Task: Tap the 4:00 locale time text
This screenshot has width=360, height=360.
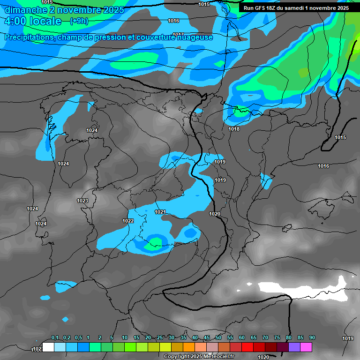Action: coord(32,21)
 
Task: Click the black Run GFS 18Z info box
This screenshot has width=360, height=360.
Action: coord(296,7)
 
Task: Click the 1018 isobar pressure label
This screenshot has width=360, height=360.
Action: coord(234,129)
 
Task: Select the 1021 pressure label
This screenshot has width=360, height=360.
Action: coord(160,212)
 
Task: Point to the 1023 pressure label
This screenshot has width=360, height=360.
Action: coord(82,201)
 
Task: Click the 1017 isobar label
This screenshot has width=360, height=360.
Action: coord(178,35)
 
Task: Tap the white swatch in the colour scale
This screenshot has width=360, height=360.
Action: coord(48,347)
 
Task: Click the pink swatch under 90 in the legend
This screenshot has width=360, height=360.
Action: coord(306,347)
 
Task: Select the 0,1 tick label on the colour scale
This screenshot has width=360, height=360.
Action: coord(54,338)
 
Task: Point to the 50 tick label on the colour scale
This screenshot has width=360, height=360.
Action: coord(218,338)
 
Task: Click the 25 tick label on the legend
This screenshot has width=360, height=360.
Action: coord(159,338)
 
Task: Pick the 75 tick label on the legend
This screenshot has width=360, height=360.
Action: coord(277,338)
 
